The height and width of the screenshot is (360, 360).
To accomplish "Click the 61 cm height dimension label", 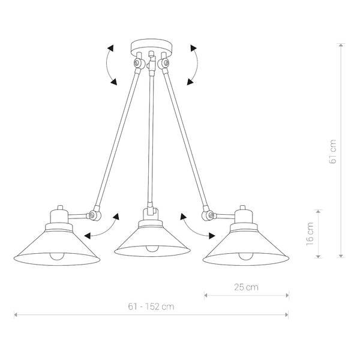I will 333,152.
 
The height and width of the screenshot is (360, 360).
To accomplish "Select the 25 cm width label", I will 247,287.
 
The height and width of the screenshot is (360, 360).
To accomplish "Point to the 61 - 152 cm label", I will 151,306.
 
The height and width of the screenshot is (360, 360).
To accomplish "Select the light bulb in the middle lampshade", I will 152,248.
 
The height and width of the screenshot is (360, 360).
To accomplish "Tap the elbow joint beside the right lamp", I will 208,213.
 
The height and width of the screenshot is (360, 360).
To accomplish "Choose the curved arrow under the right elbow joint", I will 197,228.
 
